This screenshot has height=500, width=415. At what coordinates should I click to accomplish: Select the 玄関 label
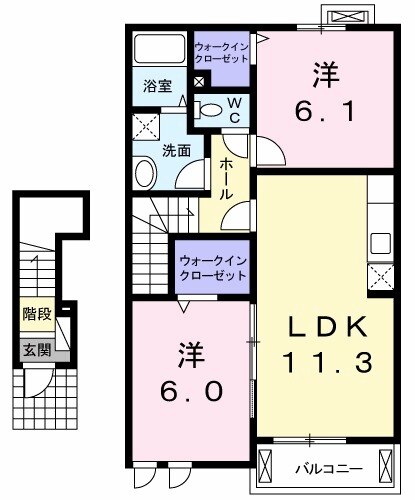click(x=35, y=350)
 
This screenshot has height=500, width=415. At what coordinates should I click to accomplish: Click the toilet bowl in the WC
click(x=211, y=109)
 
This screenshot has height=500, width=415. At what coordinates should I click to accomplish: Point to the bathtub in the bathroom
click(x=157, y=50)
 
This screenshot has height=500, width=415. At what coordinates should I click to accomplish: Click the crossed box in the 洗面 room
click(x=145, y=128)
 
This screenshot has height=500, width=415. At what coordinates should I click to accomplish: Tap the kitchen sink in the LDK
click(x=380, y=242)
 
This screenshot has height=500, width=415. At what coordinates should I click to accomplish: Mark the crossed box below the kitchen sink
click(x=380, y=275)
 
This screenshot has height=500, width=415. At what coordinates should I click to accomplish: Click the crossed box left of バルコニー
click(x=266, y=466)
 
